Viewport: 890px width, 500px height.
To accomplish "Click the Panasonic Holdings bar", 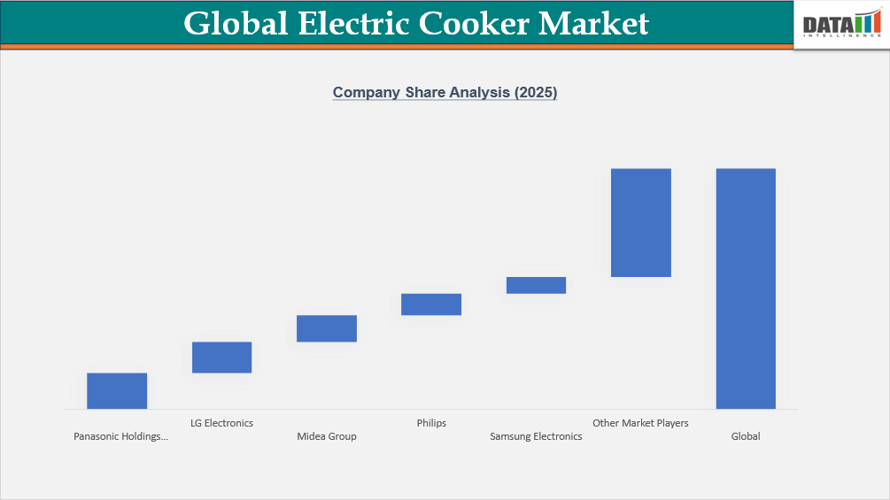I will pyautogui.click(x=117, y=390).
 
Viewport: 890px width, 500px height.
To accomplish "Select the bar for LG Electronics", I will pyautogui.click(x=221, y=357).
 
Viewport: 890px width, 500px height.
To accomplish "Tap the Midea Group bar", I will pyautogui.click(x=327, y=328).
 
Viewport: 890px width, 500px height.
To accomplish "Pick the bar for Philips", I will pyautogui.click(x=431, y=304).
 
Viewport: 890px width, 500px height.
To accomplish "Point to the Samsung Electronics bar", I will pyautogui.click(x=536, y=285).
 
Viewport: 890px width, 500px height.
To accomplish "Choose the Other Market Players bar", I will pyautogui.click(x=641, y=222).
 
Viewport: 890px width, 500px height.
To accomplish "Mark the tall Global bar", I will pyautogui.click(x=746, y=288).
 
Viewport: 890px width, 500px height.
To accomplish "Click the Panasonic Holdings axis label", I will pyautogui.click(x=120, y=436).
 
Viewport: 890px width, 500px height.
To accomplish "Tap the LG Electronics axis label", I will pyautogui.click(x=221, y=423).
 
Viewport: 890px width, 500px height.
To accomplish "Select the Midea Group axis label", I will pyautogui.click(x=327, y=436).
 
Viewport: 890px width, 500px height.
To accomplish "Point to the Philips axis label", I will pyautogui.click(x=431, y=423).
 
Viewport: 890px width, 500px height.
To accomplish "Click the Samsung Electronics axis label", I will pyautogui.click(x=536, y=436).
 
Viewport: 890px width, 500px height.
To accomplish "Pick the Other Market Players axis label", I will pyautogui.click(x=640, y=423).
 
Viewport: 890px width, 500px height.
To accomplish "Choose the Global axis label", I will pyautogui.click(x=746, y=436).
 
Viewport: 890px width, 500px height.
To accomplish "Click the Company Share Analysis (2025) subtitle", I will pyautogui.click(x=445, y=92).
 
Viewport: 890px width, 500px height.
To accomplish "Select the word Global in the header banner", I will pyautogui.click(x=236, y=23).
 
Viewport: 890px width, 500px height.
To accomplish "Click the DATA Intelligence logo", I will pyautogui.click(x=841, y=27).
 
